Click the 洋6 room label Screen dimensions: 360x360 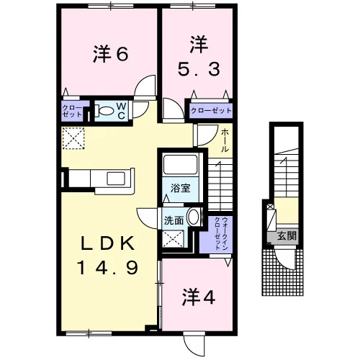click(x=111, y=54)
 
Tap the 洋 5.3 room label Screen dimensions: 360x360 click(x=199, y=55)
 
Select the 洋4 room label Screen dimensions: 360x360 click(x=199, y=297)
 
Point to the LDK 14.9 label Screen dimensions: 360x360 click(x=107, y=255)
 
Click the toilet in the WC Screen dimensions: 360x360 click(x=104, y=111)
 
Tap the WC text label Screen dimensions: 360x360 click(x=122, y=111)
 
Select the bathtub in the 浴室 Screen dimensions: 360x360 click(x=180, y=164)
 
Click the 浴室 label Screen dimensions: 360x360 click(x=180, y=189)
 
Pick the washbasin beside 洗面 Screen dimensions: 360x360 click(x=194, y=217)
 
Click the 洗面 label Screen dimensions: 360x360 click(x=174, y=220)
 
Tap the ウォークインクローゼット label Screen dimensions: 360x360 click(x=221, y=233)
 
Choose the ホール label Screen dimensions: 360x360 click(x=225, y=140)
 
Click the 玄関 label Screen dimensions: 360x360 click(x=287, y=235)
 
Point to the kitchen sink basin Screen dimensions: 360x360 click(x=116, y=179)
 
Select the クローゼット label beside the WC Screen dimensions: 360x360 click(x=72, y=111)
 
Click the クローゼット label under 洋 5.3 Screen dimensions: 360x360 click(x=211, y=111)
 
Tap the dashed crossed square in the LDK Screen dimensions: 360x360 click(x=73, y=138)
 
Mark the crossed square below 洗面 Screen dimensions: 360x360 click(x=174, y=238)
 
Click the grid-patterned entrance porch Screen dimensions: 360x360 click(x=282, y=272)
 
